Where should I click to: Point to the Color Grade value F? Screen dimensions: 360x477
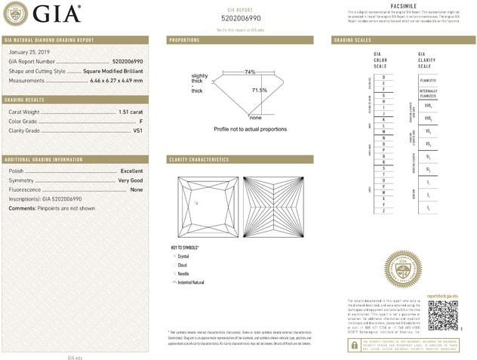(141, 121)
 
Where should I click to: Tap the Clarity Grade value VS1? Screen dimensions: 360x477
(138, 131)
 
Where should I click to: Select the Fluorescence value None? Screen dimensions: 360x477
(137, 190)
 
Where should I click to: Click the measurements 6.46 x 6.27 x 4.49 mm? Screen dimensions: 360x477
(117, 79)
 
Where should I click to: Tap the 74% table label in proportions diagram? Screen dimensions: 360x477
(249, 72)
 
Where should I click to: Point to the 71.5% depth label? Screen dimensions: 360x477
(259, 91)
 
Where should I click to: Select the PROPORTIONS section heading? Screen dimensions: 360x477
(184, 39)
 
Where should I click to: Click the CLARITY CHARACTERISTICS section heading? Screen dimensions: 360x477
(198, 160)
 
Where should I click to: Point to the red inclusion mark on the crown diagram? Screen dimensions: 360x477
(198, 203)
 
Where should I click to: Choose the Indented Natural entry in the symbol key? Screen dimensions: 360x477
(190, 282)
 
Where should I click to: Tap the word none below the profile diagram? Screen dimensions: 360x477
(255, 118)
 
